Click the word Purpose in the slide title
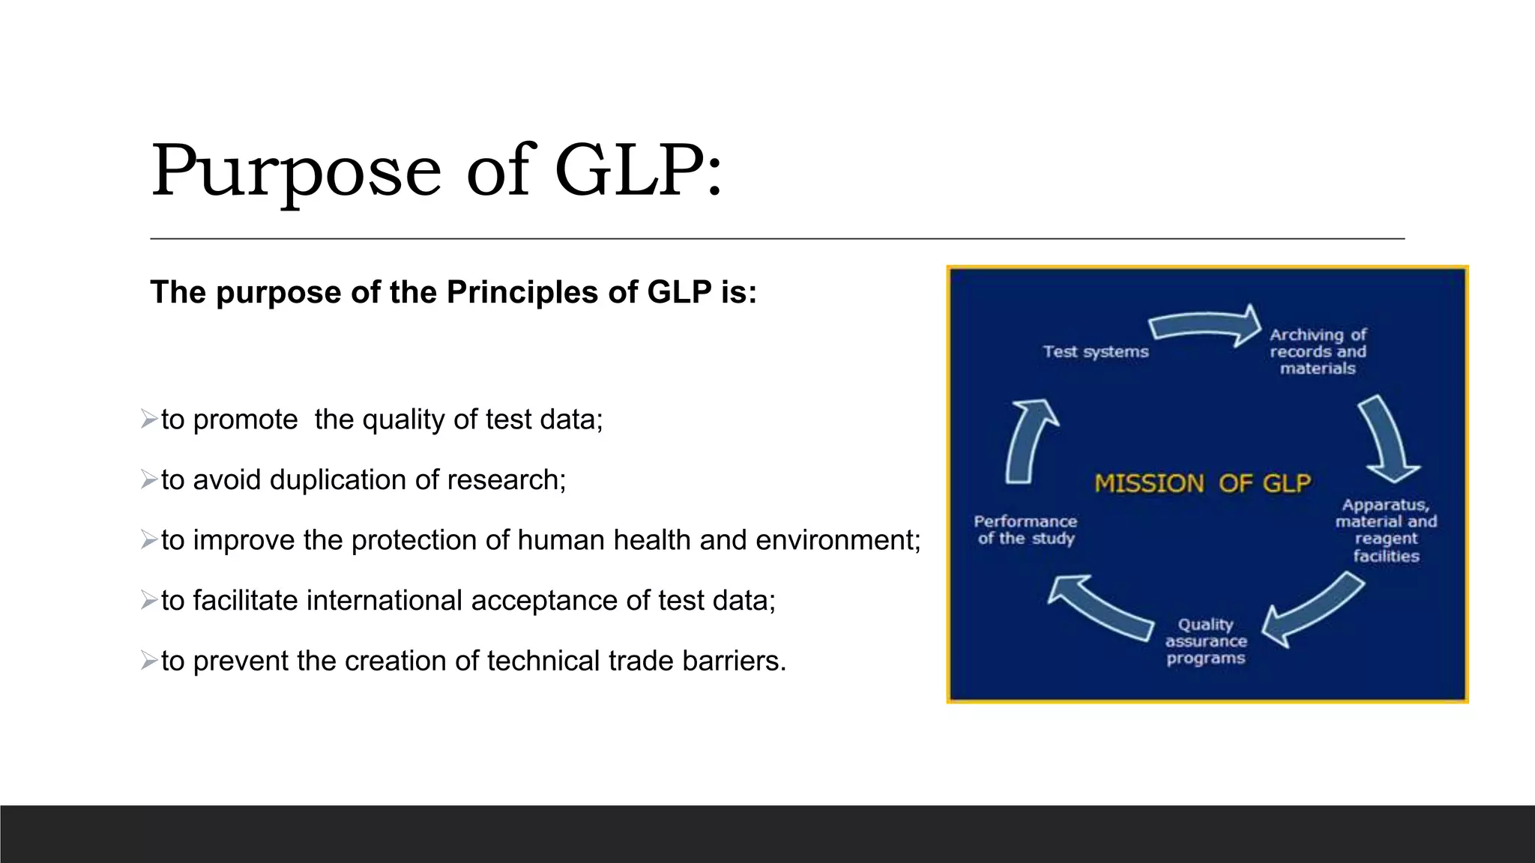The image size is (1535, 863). pyautogui.click(x=296, y=172)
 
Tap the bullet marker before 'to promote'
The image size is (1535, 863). pyautogui.click(x=148, y=419)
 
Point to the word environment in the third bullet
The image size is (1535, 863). pyautogui.click(x=833, y=540)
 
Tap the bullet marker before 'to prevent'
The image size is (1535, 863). pyautogui.click(x=148, y=661)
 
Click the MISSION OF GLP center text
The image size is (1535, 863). pyautogui.click(x=1203, y=483)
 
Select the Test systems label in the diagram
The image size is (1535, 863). pyautogui.click(x=1095, y=351)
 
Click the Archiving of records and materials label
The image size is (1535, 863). pyautogui.click(x=1318, y=351)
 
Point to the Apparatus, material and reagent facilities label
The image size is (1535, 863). pyautogui.click(x=1386, y=530)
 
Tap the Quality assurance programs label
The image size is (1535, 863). pyautogui.click(x=1206, y=641)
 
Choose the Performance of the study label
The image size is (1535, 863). pyautogui.click(x=1025, y=530)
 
